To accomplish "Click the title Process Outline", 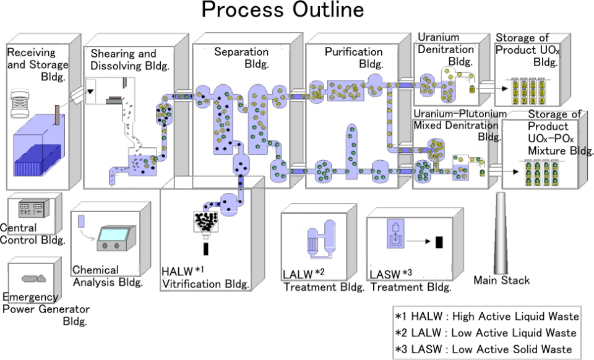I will (x=283, y=11).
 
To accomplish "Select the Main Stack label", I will (x=501, y=280).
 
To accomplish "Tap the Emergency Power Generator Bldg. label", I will (x=46, y=309).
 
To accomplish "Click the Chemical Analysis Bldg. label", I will (x=108, y=276).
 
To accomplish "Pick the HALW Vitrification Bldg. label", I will (x=205, y=278).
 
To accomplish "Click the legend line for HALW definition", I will (x=487, y=316).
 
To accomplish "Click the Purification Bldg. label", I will (x=353, y=58).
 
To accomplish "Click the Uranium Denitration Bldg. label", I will (x=445, y=49).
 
